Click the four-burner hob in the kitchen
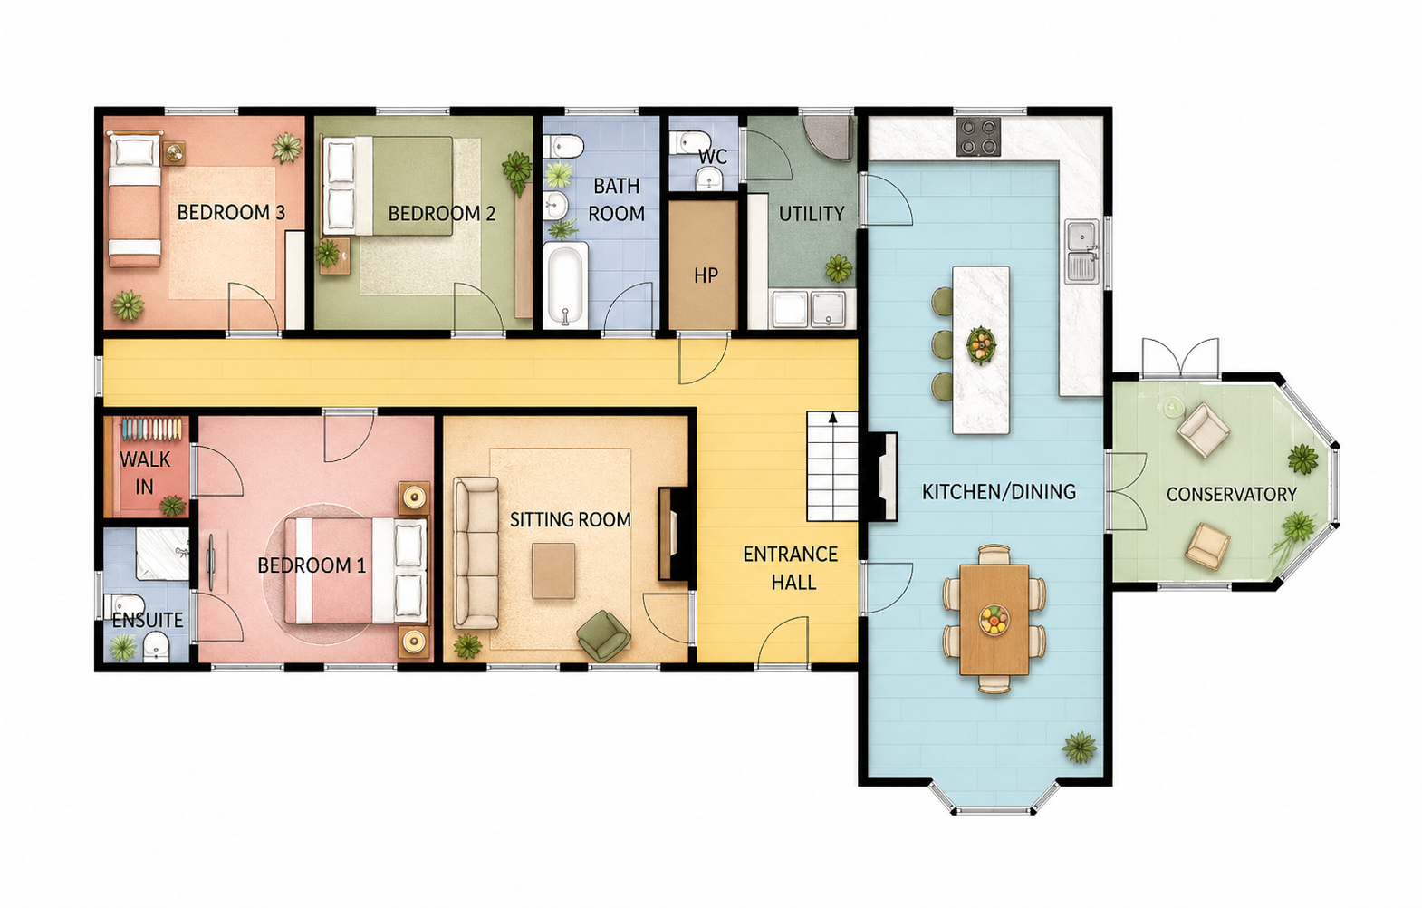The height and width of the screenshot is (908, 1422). [x=979, y=137]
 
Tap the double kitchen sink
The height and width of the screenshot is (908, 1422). [x=1081, y=251]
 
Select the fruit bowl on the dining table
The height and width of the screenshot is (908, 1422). [x=994, y=619]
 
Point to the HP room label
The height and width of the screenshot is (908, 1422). [x=706, y=275]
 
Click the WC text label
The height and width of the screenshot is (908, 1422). [x=712, y=157]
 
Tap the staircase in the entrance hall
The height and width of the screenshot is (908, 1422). [x=832, y=467]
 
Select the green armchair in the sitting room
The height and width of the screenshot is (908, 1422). [x=603, y=635]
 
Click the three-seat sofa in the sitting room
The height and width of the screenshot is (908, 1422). [x=476, y=553]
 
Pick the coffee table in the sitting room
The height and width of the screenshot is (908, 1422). [x=553, y=571]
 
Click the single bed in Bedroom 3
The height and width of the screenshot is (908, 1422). [x=134, y=199]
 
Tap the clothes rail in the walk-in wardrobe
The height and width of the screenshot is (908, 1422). [x=152, y=429]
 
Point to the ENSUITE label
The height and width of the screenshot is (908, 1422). [x=148, y=621]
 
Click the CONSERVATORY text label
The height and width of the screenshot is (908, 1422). [x=1232, y=495]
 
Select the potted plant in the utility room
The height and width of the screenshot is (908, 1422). [x=839, y=268]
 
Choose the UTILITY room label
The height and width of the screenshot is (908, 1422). [x=812, y=214]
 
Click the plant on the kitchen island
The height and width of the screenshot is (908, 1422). [x=981, y=346]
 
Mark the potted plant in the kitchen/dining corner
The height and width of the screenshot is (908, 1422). [x=1080, y=747]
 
